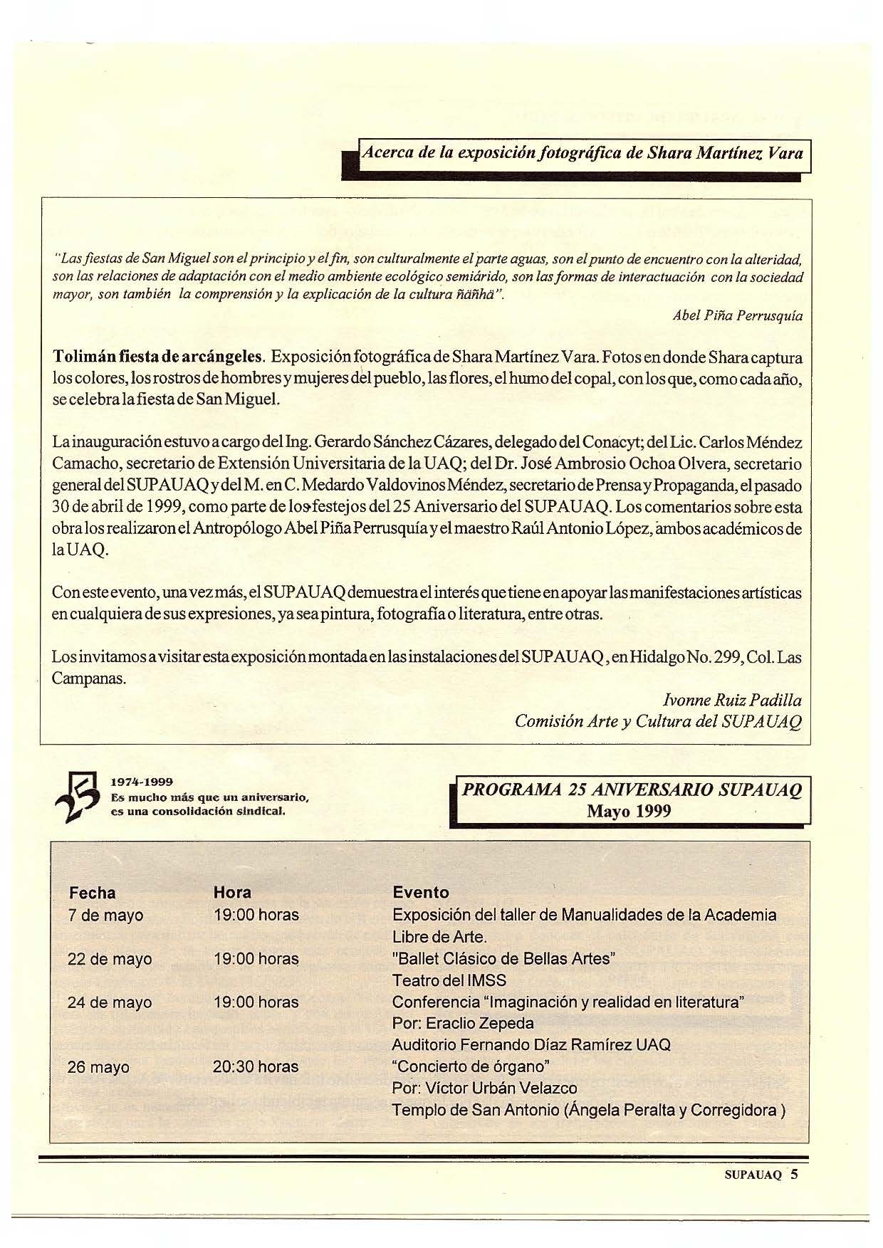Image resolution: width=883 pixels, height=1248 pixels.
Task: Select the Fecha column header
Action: click(92, 893)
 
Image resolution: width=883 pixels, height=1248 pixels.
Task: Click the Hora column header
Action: click(232, 893)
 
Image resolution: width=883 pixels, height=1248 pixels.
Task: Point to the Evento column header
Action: click(421, 893)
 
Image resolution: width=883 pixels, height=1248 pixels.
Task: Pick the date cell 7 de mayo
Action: click(105, 915)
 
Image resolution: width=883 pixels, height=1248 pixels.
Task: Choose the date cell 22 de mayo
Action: click(110, 959)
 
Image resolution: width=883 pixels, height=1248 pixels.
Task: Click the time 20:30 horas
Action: click(256, 1066)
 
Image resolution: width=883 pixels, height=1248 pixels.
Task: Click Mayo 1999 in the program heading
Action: click(629, 812)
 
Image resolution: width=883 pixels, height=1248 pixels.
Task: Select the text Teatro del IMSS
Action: click(449, 980)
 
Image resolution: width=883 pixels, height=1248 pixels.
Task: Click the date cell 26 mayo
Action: click(98, 1067)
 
